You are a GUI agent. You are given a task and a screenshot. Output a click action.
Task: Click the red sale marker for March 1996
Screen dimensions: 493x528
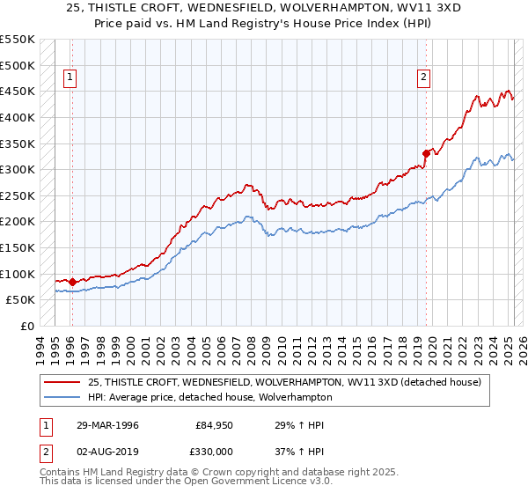pos(71,282)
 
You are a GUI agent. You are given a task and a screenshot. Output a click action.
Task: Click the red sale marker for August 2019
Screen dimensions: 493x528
pos(426,153)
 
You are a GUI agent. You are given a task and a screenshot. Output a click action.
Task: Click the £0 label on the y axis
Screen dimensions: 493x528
pos(26,326)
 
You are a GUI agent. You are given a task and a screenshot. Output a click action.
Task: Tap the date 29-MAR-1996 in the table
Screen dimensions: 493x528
pos(107,425)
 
